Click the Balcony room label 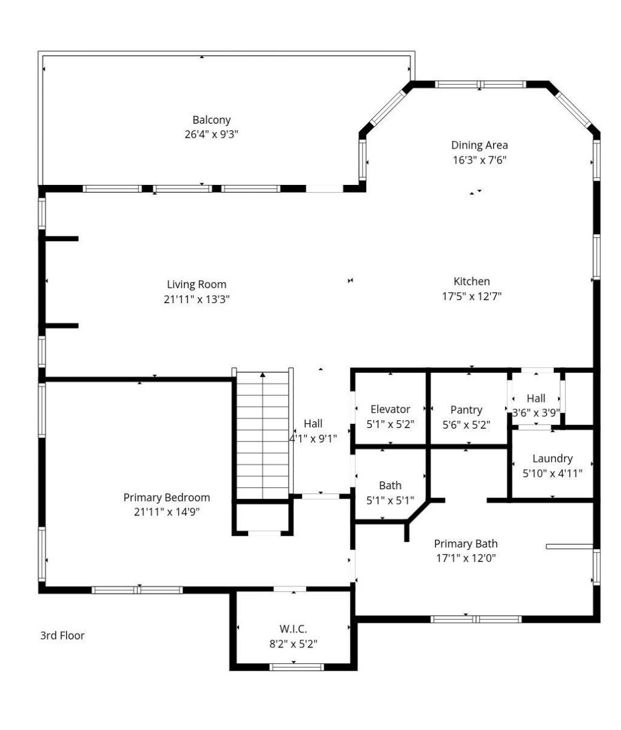(211, 120)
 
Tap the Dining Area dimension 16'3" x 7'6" (479, 161)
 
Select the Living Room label (196, 284)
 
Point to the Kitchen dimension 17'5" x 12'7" (471, 296)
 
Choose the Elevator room (390, 416)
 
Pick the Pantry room (466, 416)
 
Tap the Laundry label (552, 458)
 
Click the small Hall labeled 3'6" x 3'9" (535, 405)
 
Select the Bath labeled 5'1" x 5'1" (390, 492)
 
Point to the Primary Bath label (465, 543)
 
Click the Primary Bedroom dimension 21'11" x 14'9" (167, 512)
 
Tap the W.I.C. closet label (293, 629)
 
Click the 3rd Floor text (62, 635)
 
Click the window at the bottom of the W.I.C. (297, 667)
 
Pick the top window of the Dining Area (480, 84)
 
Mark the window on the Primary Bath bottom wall (476, 619)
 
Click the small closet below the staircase (263, 518)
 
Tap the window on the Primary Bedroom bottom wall (137, 589)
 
